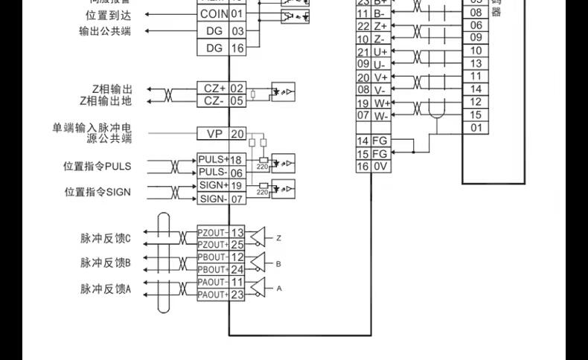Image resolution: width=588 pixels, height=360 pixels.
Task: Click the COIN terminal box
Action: coord(213,14)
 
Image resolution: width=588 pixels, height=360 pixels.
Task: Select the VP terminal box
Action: coord(213,134)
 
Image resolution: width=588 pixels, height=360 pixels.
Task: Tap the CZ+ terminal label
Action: coord(213,89)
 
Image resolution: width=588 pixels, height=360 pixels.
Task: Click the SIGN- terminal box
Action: coord(213,199)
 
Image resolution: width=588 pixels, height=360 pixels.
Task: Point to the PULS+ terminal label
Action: coord(213,160)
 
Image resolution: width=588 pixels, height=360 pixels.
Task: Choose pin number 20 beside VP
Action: coord(237,134)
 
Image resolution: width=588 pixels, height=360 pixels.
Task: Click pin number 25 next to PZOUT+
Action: coord(237,245)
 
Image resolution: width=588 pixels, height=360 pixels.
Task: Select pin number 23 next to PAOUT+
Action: coord(237,295)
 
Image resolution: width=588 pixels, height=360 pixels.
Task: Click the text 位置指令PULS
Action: coord(97,166)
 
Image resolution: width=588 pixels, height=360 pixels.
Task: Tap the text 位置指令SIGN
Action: coord(97,192)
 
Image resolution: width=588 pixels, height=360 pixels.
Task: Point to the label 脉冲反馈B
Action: coord(106,263)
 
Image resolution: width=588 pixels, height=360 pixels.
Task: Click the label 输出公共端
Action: coord(104,31)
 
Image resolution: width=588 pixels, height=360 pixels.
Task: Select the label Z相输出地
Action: coord(106,100)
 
